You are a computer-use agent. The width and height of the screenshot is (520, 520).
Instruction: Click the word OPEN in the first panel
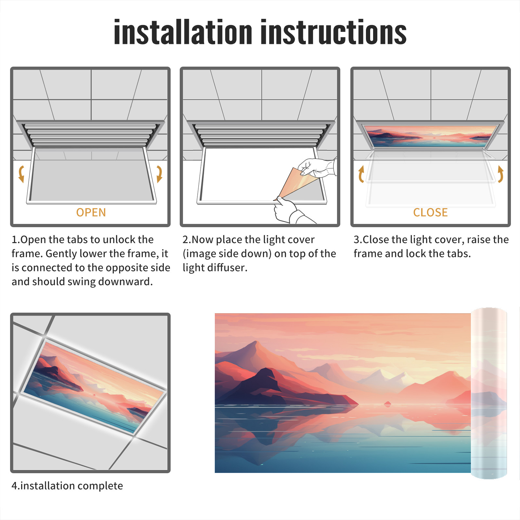91,213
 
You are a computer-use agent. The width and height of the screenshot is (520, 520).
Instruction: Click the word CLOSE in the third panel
430,213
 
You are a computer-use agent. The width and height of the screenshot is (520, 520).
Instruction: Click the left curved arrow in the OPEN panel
21,174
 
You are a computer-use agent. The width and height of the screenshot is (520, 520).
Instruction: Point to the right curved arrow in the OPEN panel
159,174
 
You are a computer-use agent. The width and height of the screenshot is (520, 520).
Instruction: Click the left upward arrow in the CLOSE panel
361,174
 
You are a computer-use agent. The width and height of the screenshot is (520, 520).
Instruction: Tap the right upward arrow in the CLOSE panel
500,174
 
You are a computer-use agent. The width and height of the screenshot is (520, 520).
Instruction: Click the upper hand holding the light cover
317,167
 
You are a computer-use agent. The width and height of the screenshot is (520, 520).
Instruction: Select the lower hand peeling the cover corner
289,211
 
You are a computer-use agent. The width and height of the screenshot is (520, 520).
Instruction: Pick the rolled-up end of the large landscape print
489,393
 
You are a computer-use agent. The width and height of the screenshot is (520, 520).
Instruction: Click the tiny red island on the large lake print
387,404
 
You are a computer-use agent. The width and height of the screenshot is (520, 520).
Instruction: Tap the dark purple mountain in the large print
260,387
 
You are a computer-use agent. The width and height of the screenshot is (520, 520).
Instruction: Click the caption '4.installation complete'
67,486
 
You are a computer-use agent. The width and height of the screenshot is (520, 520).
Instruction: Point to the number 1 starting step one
14,240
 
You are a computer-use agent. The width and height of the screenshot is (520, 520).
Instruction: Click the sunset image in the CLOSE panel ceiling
431,136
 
